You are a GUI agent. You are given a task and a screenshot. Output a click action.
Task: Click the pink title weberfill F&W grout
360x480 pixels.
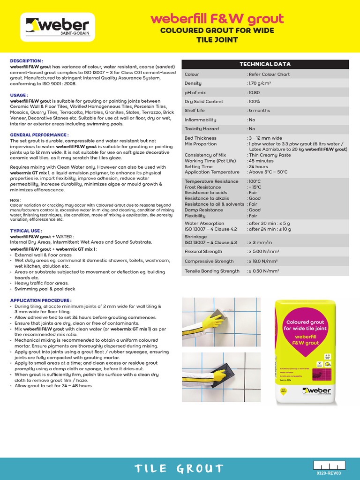(217, 19)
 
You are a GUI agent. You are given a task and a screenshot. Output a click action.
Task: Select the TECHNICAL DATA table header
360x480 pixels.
(265, 64)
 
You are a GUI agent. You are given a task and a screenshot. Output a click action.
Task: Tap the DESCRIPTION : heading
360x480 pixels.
(27, 61)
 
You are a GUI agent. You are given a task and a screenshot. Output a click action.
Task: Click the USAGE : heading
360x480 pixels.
(19, 95)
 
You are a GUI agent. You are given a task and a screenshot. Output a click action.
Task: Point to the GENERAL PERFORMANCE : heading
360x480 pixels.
(36, 135)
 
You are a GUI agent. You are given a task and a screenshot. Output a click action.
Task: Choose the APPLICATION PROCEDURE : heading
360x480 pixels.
(41, 300)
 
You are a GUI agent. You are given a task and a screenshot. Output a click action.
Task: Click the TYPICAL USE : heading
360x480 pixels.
(26, 231)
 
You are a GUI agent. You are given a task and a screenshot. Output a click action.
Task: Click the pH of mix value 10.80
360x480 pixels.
(254, 92)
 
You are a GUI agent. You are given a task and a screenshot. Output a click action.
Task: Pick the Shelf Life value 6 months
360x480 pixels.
(259, 111)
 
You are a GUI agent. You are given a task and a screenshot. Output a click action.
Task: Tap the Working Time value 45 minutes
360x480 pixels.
(261, 161)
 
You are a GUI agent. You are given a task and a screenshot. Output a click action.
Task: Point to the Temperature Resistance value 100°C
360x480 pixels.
(255, 181)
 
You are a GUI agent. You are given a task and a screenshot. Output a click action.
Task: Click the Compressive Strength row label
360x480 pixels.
(209, 261)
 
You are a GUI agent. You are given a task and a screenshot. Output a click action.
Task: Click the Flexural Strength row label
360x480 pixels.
(203, 251)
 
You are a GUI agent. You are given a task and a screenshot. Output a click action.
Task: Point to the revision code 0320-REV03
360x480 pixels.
(330, 473)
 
